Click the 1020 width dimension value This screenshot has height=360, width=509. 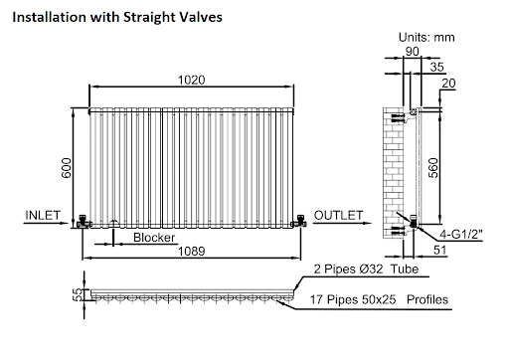(x=192, y=80)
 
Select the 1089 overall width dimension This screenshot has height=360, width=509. (x=192, y=251)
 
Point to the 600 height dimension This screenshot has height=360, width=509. (x=67, y=168)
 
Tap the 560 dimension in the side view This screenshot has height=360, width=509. (x=433, y=168)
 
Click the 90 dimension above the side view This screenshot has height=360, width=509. (x=413, y=52)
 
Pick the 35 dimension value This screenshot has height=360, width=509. (x=437, y=67)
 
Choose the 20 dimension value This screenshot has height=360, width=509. (x=448, y=84)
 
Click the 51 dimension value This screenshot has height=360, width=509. (x=439, y=250)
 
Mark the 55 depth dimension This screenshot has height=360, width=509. (x=78, y=294)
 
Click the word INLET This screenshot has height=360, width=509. (x=43, y=215)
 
